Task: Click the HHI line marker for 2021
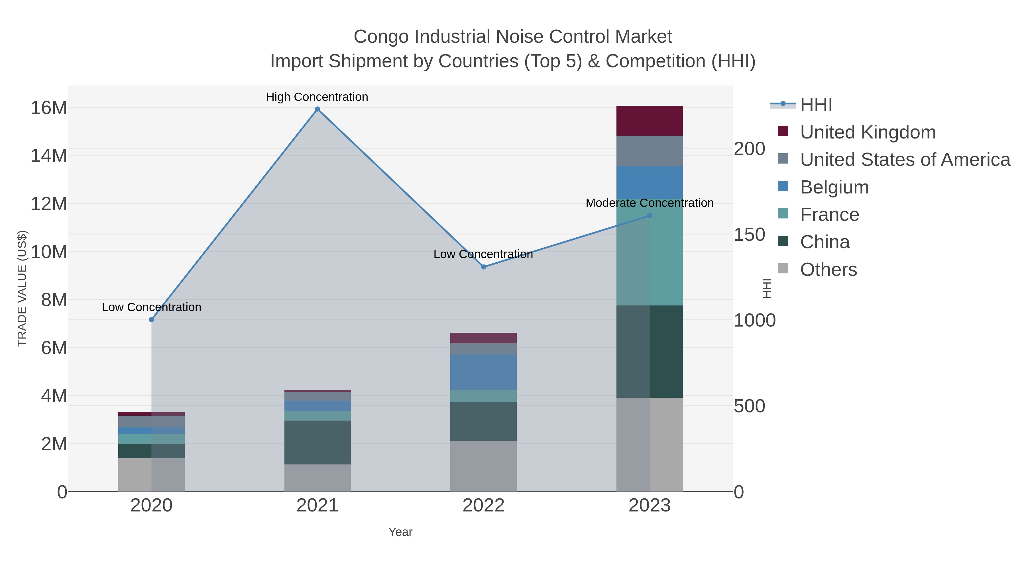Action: click(317, 109)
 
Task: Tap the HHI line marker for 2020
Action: click(151, 320)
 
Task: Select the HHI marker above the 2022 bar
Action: click(484, 267)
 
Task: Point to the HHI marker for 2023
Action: click(650, 215)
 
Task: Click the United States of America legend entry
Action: click(905, 159)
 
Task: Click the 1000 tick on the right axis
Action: click(755, 320)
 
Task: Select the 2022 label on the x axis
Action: click(484, 505)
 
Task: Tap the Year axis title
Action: click(400, 532)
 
